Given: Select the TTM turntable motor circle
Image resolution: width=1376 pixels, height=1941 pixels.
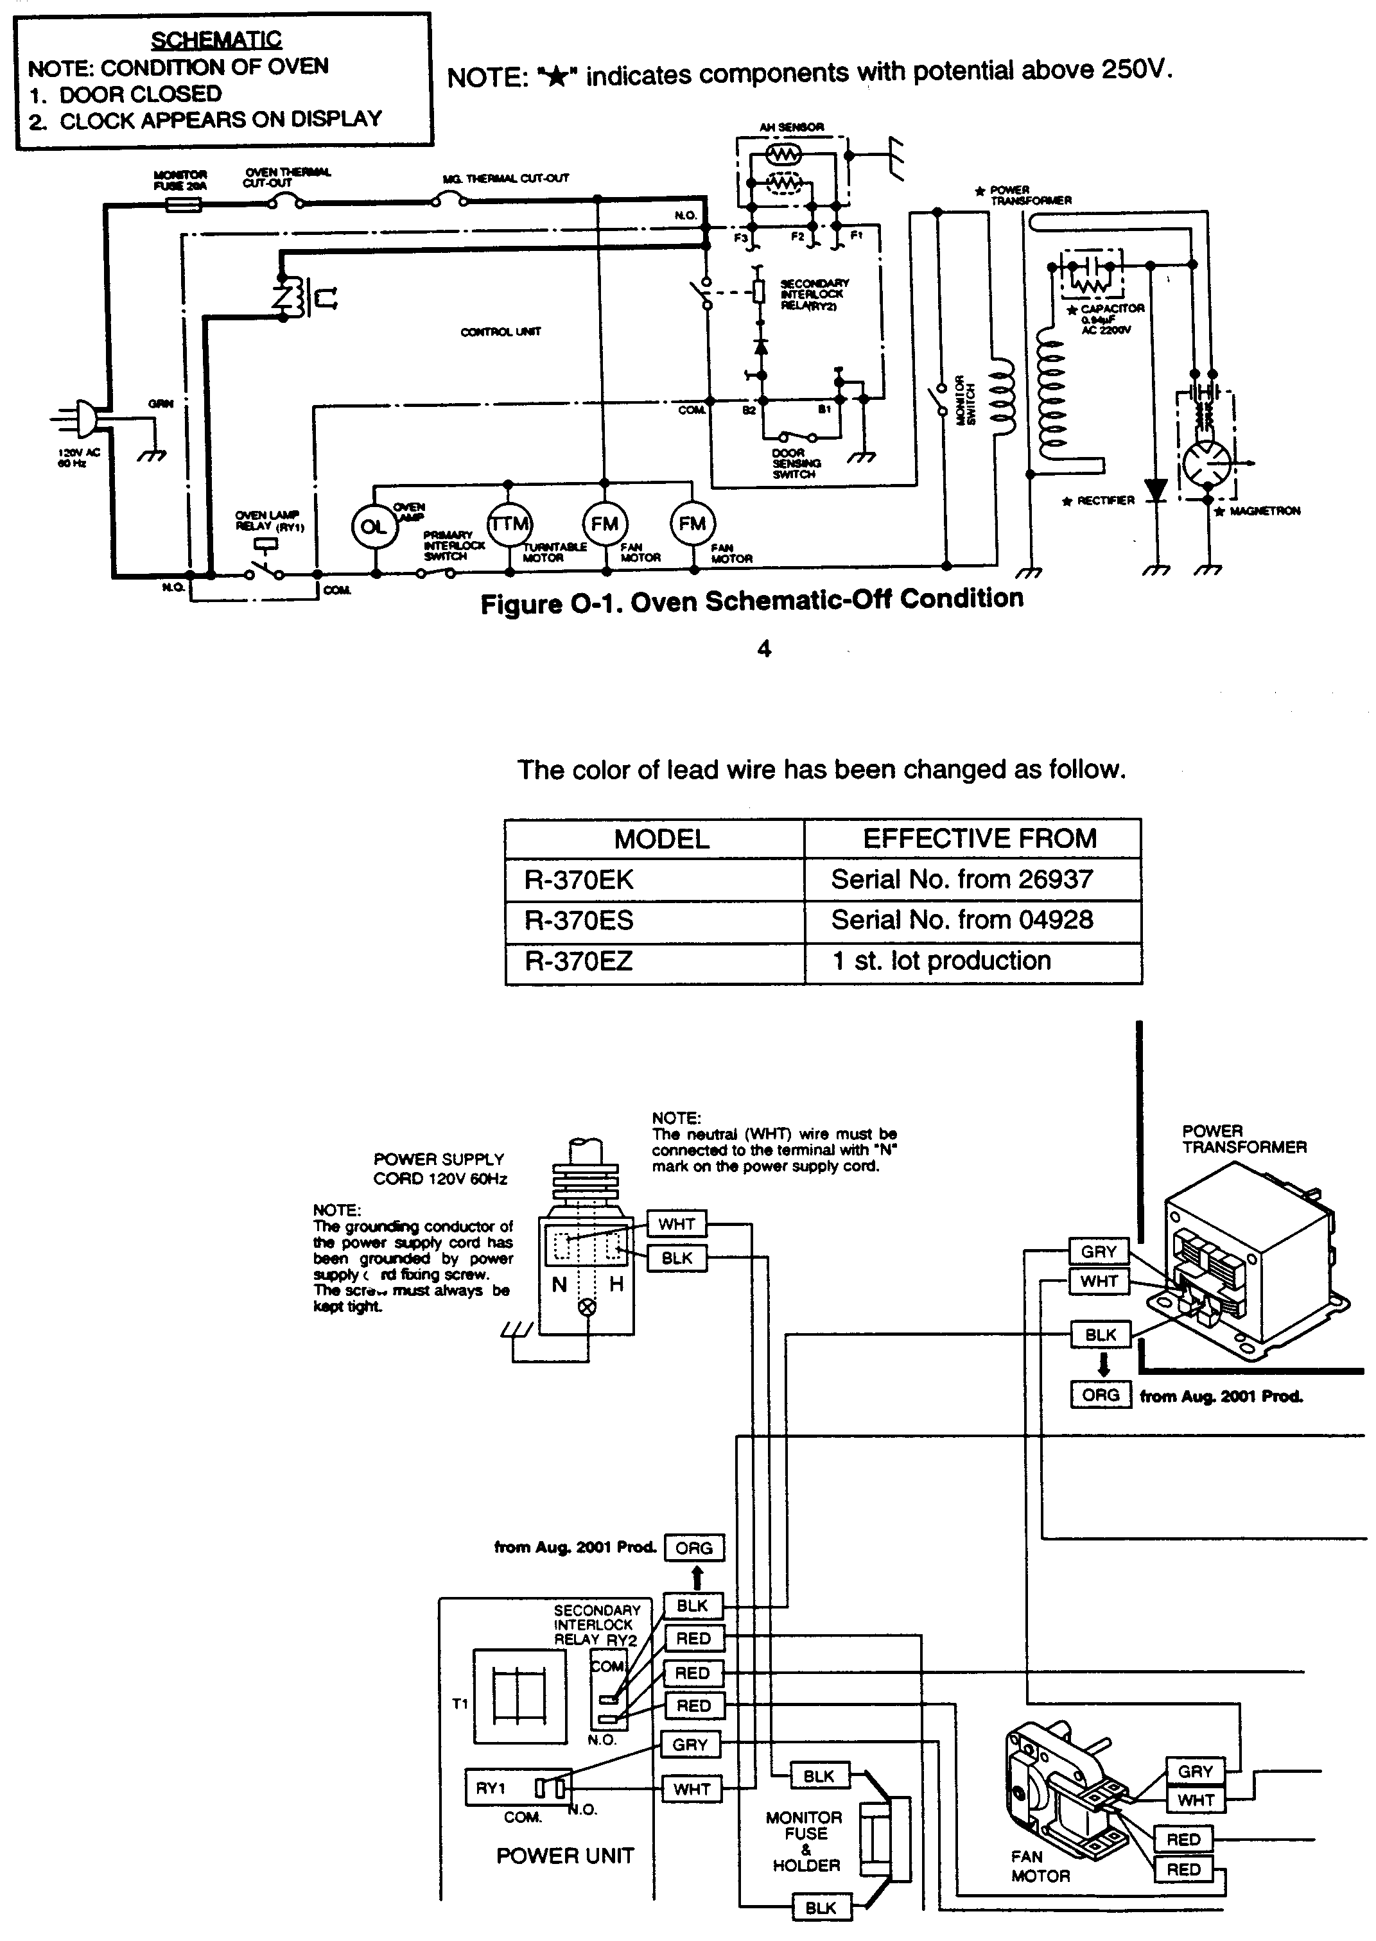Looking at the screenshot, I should [x=509, y=524].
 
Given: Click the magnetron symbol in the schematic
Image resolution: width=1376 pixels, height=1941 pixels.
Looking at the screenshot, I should [x=1207, y=463].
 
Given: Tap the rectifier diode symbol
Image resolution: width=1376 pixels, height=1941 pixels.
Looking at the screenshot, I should [x=1156, y=490].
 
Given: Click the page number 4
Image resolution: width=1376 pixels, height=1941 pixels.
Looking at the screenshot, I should [x=763, y=649].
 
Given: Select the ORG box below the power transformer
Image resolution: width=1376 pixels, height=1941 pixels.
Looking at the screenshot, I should [x=1100, y=1395].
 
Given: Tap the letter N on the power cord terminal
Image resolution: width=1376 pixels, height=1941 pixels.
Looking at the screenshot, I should [x=559, y=1284].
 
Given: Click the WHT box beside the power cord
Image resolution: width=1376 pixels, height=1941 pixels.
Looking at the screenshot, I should [x=676, y=1223].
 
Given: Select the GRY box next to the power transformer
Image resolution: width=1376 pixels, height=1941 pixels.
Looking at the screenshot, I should [x=1099, y=1252].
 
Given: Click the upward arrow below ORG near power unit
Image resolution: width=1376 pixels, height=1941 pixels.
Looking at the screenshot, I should [x=697, y=1578].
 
